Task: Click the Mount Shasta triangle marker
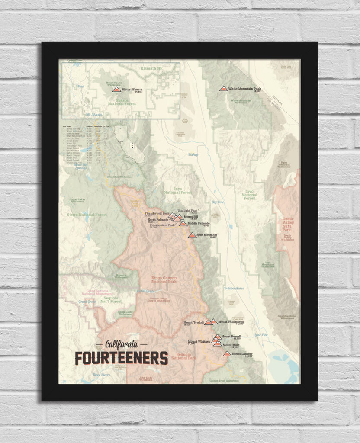click(x=116, y=89)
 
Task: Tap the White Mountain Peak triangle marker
click(x=223, y=88)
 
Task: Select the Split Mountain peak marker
click(x=192, y=235)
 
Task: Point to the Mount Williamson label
click(x=231, y=322)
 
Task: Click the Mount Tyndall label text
click(x=193, y=322)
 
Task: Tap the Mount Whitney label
click(x=199, y=342)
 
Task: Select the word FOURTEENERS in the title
click(x=121, y=358)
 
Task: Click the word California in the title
click(x=122, y=344)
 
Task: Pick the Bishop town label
click(x=193, y=154)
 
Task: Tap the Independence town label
click(x=234, y=288)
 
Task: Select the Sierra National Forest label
click(x=87, y=214)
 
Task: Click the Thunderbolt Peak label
click(x=157, y=213)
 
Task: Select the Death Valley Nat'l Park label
click(x=287, y=225)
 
